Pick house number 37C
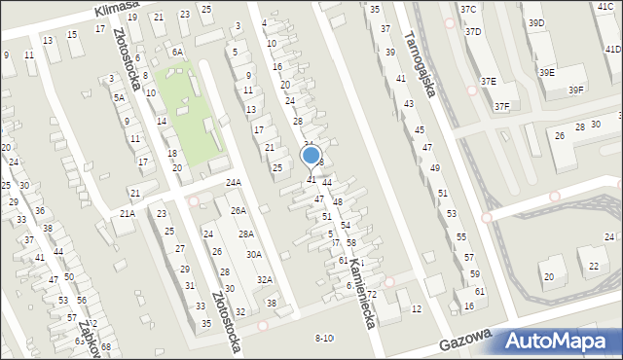point(469,9)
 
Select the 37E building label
point(486,81)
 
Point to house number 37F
point(501,106)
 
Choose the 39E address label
point(548,72)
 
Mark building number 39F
point(576,90)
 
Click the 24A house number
point(234,182)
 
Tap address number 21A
point(128,213)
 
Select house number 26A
point(238,210)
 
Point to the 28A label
point(246,234)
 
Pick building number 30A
point(254,255)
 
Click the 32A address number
point(264,279)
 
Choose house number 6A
point(177,52)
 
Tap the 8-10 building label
point(324,338)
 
